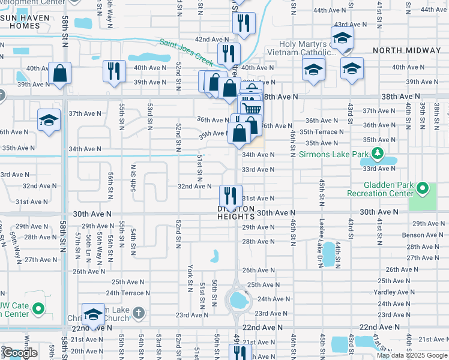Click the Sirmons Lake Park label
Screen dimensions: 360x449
pyautogui.click(x=333, y=155)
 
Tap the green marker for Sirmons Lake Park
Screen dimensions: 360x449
pyautogui.click(x=377, y=155)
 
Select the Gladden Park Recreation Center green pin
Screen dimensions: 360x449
pyautogui.click(x=423, y=189)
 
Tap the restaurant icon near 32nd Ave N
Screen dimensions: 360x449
pyautogui.click(x=230, y=194)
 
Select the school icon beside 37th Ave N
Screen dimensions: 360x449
pyautogui.click(x=49, y=120)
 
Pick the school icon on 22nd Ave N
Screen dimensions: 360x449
pyautogui.click(x=93, y=315)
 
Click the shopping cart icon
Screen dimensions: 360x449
pyautogui.click(x=252, y=109)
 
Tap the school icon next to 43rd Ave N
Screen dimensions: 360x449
pyautogui.click(x=342, y=38)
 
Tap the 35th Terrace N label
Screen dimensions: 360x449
pyautogui.click(x=322, y=131)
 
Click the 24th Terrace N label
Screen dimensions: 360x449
pyautogui.click(x=128, y=293)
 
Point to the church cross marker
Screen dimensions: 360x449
pyautogui.click(x=139, y=313)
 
